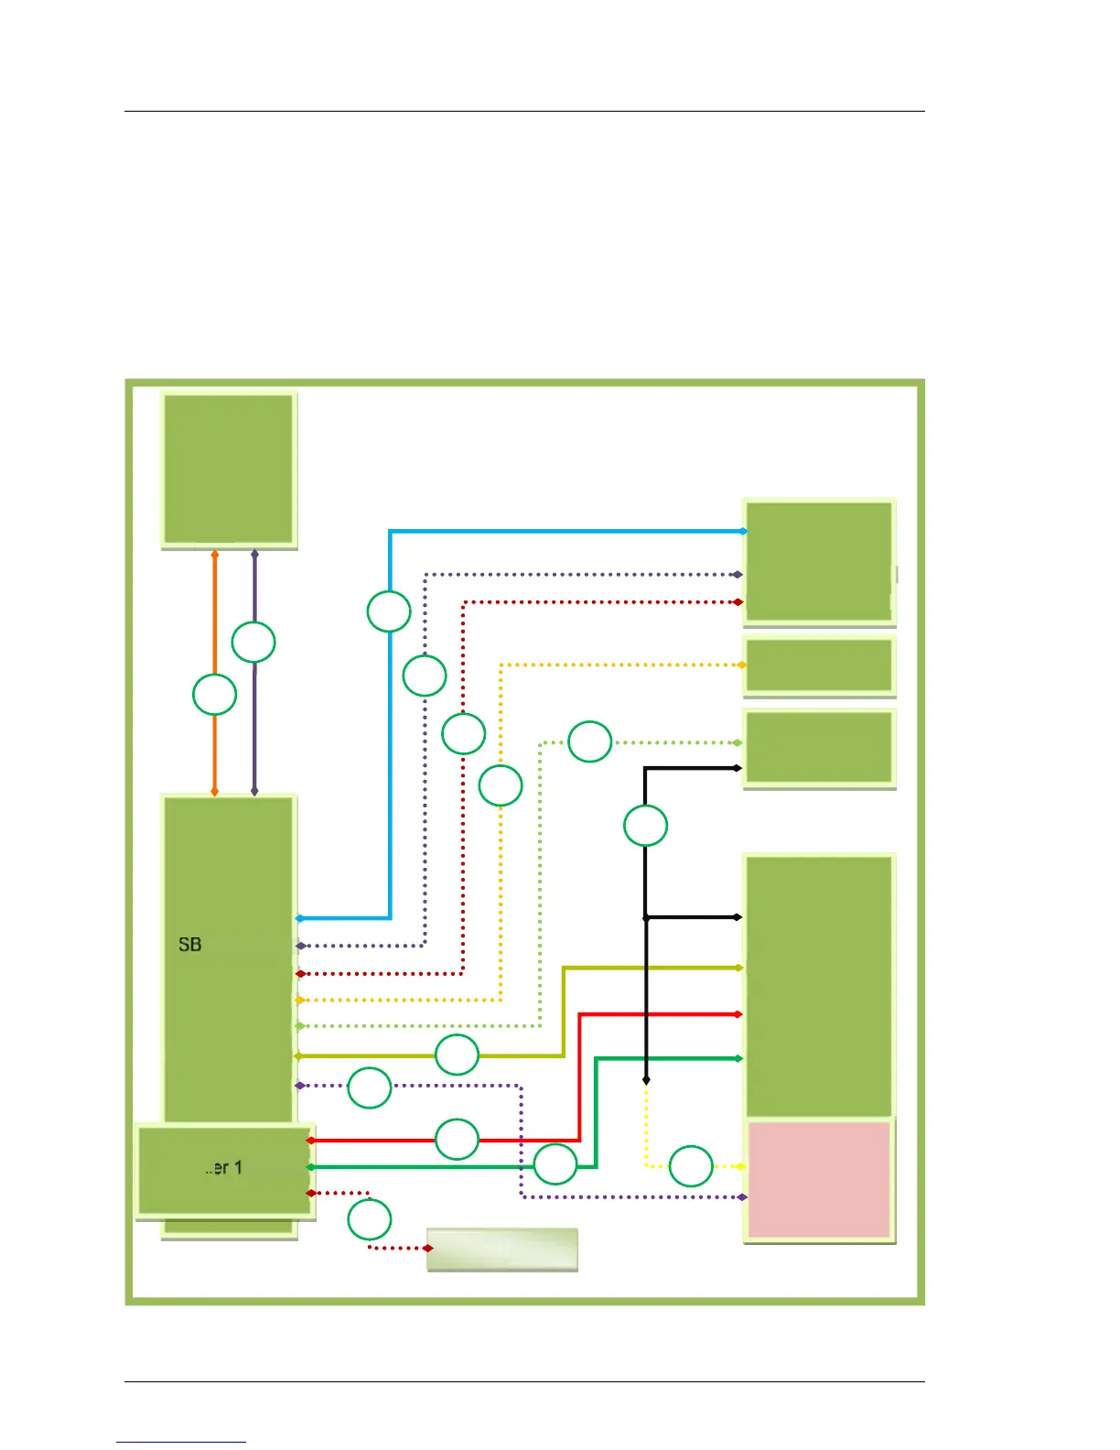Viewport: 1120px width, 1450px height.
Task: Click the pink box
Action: click(819, 1179)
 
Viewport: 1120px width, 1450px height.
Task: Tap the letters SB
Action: click(190, 945)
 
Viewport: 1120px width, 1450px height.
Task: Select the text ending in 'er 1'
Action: click(223, 1168)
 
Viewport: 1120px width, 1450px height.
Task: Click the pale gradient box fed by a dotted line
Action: click(502, 1250)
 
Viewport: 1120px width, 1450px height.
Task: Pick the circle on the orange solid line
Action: click(214, 695)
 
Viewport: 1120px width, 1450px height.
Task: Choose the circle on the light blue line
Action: click(389, 611)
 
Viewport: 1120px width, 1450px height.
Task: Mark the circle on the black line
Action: click(646, 825)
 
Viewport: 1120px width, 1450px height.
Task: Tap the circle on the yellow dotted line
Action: click(691, 1166)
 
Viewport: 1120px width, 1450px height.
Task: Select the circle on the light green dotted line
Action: click(590, 741)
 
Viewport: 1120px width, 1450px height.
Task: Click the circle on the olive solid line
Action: click(457, 1055)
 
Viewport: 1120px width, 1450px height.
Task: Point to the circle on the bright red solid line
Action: click(457, 1140)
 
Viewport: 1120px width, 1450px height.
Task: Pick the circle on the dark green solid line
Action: click(555, 1165)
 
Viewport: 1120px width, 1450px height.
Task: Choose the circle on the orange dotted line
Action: click(501, 785)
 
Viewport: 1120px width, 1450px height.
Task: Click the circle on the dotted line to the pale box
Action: click(370, 1219)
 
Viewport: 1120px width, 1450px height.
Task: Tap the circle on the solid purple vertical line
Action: click(253, 643)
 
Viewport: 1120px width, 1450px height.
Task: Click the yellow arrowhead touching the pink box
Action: click(740, 1166)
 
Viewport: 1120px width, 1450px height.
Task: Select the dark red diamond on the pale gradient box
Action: click(428, 1248)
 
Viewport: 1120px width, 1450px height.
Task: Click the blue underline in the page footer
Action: click(181, 1442)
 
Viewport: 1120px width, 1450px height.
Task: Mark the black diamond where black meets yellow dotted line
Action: click(646, 1081)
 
